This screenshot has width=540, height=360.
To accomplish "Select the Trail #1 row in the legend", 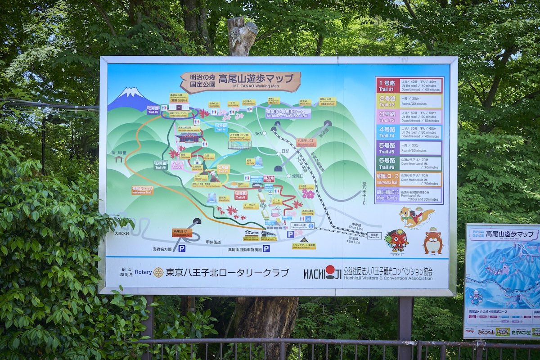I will point(409,85).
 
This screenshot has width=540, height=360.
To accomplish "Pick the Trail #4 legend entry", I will point(409,132).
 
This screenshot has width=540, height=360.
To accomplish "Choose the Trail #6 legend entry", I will point(409,163).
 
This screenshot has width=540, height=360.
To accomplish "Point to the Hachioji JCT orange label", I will point(306,142).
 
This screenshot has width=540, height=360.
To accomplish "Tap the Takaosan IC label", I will point(182,233).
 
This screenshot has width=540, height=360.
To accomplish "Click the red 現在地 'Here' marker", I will point(269,179).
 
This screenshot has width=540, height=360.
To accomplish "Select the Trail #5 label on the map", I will point(153,110).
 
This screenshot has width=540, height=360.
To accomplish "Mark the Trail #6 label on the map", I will point(161,165).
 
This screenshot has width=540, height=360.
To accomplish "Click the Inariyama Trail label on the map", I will point(142,190).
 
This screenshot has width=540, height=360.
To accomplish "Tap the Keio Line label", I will point(354,241).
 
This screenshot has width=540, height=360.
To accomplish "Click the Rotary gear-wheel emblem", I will point(158,272).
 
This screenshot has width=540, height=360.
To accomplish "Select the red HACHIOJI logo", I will point(322,272).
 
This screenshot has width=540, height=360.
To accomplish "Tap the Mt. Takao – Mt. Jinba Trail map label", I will point(288,113).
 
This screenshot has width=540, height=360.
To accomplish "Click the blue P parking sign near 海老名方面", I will point(181,248).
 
